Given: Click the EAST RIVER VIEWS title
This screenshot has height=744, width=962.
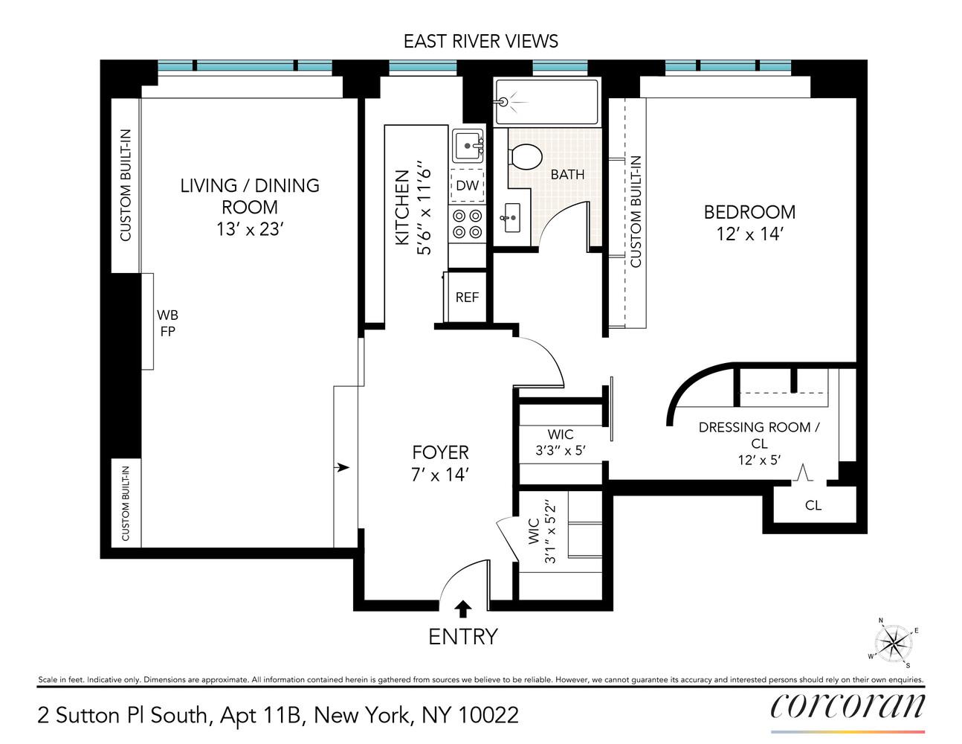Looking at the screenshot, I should (x=480, y=41).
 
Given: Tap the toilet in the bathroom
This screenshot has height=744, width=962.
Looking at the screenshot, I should (x=526, y=156).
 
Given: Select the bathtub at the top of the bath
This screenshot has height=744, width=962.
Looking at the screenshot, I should (x=546, y=102).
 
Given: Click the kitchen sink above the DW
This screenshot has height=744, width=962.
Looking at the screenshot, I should (x=468, y=146).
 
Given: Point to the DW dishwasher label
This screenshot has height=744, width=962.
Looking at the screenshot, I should (x=467, y=185).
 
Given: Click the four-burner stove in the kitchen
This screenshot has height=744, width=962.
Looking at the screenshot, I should (x=467, y=224).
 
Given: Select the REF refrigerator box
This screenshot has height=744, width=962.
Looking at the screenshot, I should (x=467, y=297).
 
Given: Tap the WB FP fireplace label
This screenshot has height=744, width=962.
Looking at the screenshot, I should (x=167, y=323).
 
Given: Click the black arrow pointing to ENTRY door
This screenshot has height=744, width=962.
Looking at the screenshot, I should (x=462, y=609).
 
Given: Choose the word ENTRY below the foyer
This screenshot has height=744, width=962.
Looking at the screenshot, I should (x=462, y=637).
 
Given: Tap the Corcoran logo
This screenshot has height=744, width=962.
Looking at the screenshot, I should (x=848, y=706).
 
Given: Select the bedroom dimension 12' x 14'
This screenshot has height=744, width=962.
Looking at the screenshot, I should (x=749, y=234).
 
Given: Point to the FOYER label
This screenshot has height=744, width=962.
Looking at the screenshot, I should (x=440, y=452).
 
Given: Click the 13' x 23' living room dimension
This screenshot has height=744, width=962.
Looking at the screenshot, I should (x=250, y=229).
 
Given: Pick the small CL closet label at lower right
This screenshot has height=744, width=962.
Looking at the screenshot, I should (x=813, y=505).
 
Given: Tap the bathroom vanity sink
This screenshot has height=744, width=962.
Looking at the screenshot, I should (x=511, y=217).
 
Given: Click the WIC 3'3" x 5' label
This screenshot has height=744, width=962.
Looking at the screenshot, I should (x=561, y=442).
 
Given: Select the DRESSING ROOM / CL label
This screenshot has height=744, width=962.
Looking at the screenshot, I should (x=759, y=434).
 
